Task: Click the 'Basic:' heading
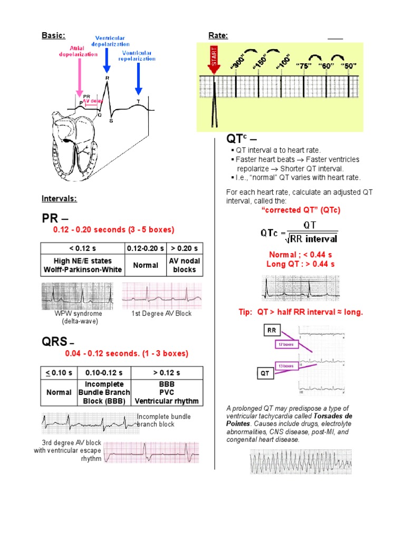[x=53, y=35]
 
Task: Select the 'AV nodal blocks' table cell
[x=185, y=265]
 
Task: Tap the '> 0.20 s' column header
[x=185, y=248]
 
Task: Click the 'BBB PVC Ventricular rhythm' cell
[x=167, y=393]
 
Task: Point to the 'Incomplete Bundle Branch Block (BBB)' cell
[x=101, y=393]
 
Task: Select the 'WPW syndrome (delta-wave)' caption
[x=79, y=317]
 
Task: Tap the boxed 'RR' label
[x=272, y=331]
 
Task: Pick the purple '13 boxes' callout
[x=287, y=366]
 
